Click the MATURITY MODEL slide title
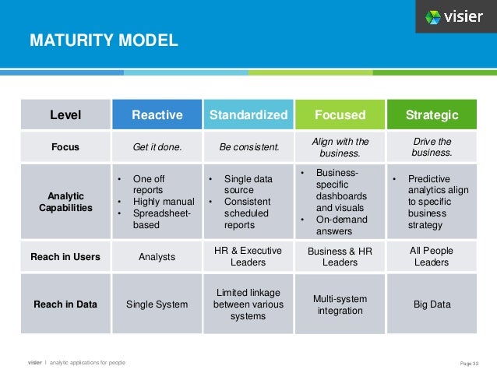pos(104,40)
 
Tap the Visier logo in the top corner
pos(454,17)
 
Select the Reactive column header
pos(157,115)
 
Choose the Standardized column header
pos(248,115)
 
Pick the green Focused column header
pos(340,115)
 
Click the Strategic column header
pos(432,115)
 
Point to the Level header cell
pos(65,115)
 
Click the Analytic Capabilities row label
pos(65,202)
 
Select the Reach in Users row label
pos(65,256)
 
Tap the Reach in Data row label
pos(65,304)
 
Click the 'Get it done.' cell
pos(157,146)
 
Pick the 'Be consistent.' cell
pos(248,146)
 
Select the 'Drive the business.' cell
pos(432,146)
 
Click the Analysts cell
pos(157,256)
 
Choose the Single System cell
pos(157,304)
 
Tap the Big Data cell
pos(432,304)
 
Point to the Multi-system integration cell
pos(340,304)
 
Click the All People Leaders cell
pos(432,256)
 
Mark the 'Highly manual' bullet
pos(163,202)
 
